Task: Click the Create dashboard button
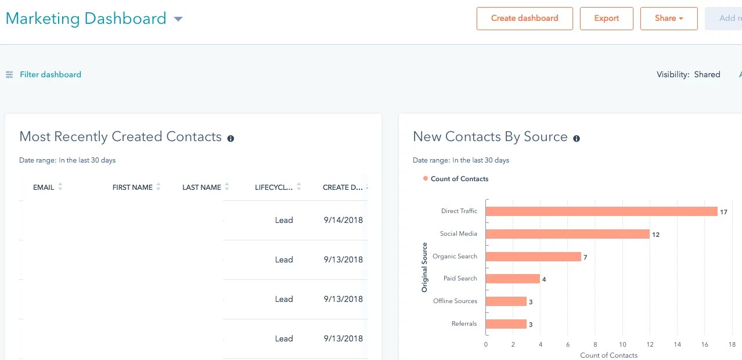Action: [524, 19]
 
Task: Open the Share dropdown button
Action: [668, 19]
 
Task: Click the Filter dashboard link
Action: [50, 74]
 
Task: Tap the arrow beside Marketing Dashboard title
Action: [178, 19]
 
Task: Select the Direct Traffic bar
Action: [601, 211]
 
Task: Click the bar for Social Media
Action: [567, 234]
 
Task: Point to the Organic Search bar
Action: [533, 256]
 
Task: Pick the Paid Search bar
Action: [513, 279]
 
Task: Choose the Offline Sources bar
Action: [506, 301]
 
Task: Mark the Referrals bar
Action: [506, 324]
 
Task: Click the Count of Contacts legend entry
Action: [459, 179]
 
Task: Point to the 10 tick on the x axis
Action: [622, 344]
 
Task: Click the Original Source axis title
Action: [424, 267]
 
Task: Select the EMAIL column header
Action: [44, 188]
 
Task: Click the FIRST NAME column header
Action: [132, 188]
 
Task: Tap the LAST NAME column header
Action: [201, 188]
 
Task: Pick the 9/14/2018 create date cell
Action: [343, 220]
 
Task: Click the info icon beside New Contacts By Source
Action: [577, 138]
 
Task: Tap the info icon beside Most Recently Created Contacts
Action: [230, 138]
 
